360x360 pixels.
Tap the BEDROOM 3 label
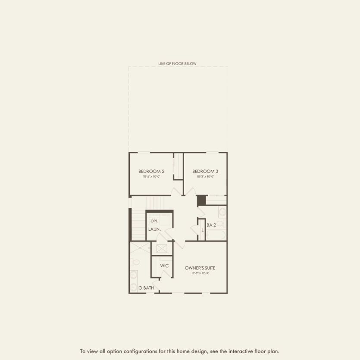click(202, 171)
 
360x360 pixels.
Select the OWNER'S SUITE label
click(200, 268)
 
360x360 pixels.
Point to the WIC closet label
click(164, 266)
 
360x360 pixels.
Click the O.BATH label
click(146, 288)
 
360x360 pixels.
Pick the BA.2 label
click(211, 225)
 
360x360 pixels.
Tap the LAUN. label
click(154, 229)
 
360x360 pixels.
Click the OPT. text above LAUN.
click(154, 221)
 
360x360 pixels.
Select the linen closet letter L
click(202, 230)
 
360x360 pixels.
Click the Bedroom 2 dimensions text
click(151, 176)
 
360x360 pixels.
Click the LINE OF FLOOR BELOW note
click(177, 64)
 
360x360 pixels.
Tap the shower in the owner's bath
click(140, 247)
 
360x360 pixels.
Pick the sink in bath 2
click(222, 212)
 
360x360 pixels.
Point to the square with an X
click(162, 249)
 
